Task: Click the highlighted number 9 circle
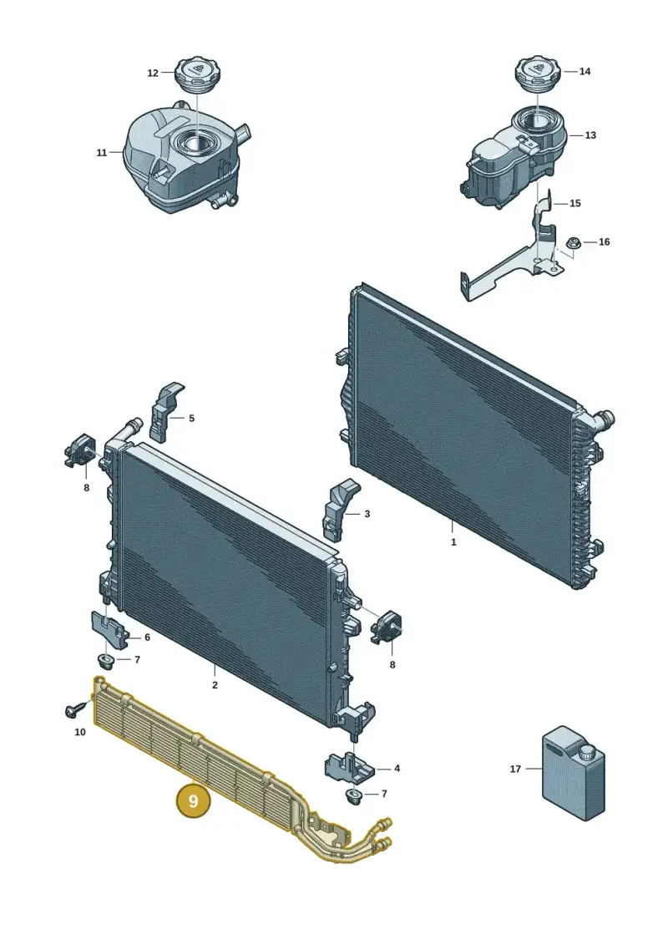[193, 801]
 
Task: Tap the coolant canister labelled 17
[573, 772]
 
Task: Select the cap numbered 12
[196, 76]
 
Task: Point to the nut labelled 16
[574, 243]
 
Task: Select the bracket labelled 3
[341, 509]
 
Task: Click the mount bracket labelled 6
[109, 630]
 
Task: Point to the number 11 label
[102, 153]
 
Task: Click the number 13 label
[590, 135]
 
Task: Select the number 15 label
[575, 203]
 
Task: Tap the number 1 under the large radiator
[453, 541]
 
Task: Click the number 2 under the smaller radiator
[215, 684]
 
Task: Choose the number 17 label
[515, 769]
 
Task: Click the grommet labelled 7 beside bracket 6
[107, 661]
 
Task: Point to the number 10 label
[80, 732]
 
